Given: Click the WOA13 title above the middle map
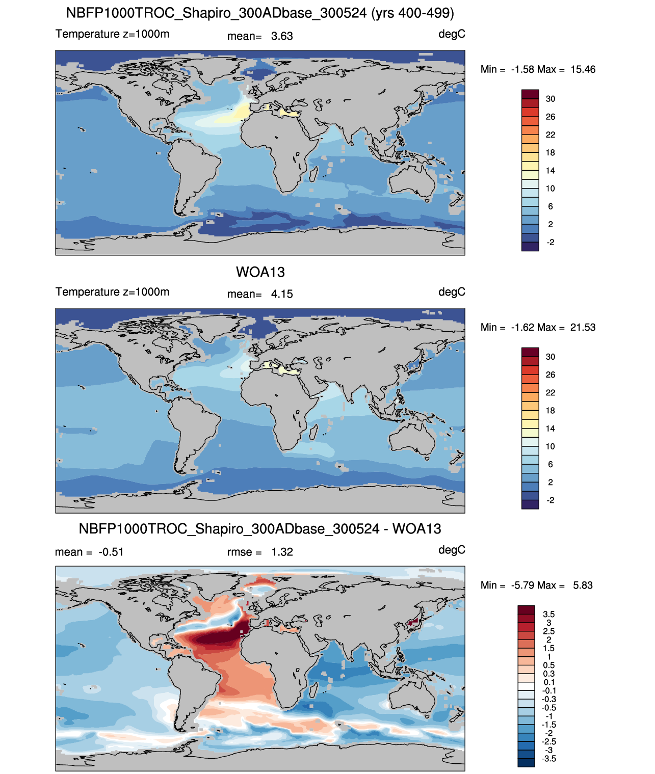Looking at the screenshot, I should click(x=260, y=272).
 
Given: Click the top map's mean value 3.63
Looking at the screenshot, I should click(x=282, y=36).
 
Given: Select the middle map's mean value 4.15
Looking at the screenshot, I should click(x=282, y=294).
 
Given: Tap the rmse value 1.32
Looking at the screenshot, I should click(x=282, y=552).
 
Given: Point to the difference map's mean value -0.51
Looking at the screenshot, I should click(x=111, y=552).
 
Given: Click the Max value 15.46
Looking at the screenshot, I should click(x=583, y=69).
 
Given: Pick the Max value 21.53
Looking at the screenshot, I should click(x=583, y=327).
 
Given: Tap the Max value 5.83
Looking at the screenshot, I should click(x=583, y=585).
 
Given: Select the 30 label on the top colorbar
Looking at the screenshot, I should click(x=551, y=99).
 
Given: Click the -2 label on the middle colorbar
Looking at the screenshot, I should click(x=551, y=500).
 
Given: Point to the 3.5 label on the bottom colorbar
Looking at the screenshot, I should click(x=549, y=614).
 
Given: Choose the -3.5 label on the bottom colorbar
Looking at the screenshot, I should click(x=549, y=758).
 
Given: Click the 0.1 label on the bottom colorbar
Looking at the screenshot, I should click(x=549, y=682).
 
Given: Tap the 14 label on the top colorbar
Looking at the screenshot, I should click(x=551, y=170).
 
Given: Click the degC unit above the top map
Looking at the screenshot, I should click(x=452, y=34).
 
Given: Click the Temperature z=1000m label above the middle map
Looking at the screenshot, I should click(x=112, y=292).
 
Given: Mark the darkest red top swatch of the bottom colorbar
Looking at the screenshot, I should click(x=526, y=610).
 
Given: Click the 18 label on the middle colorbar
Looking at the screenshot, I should click(x=551, y=410).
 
